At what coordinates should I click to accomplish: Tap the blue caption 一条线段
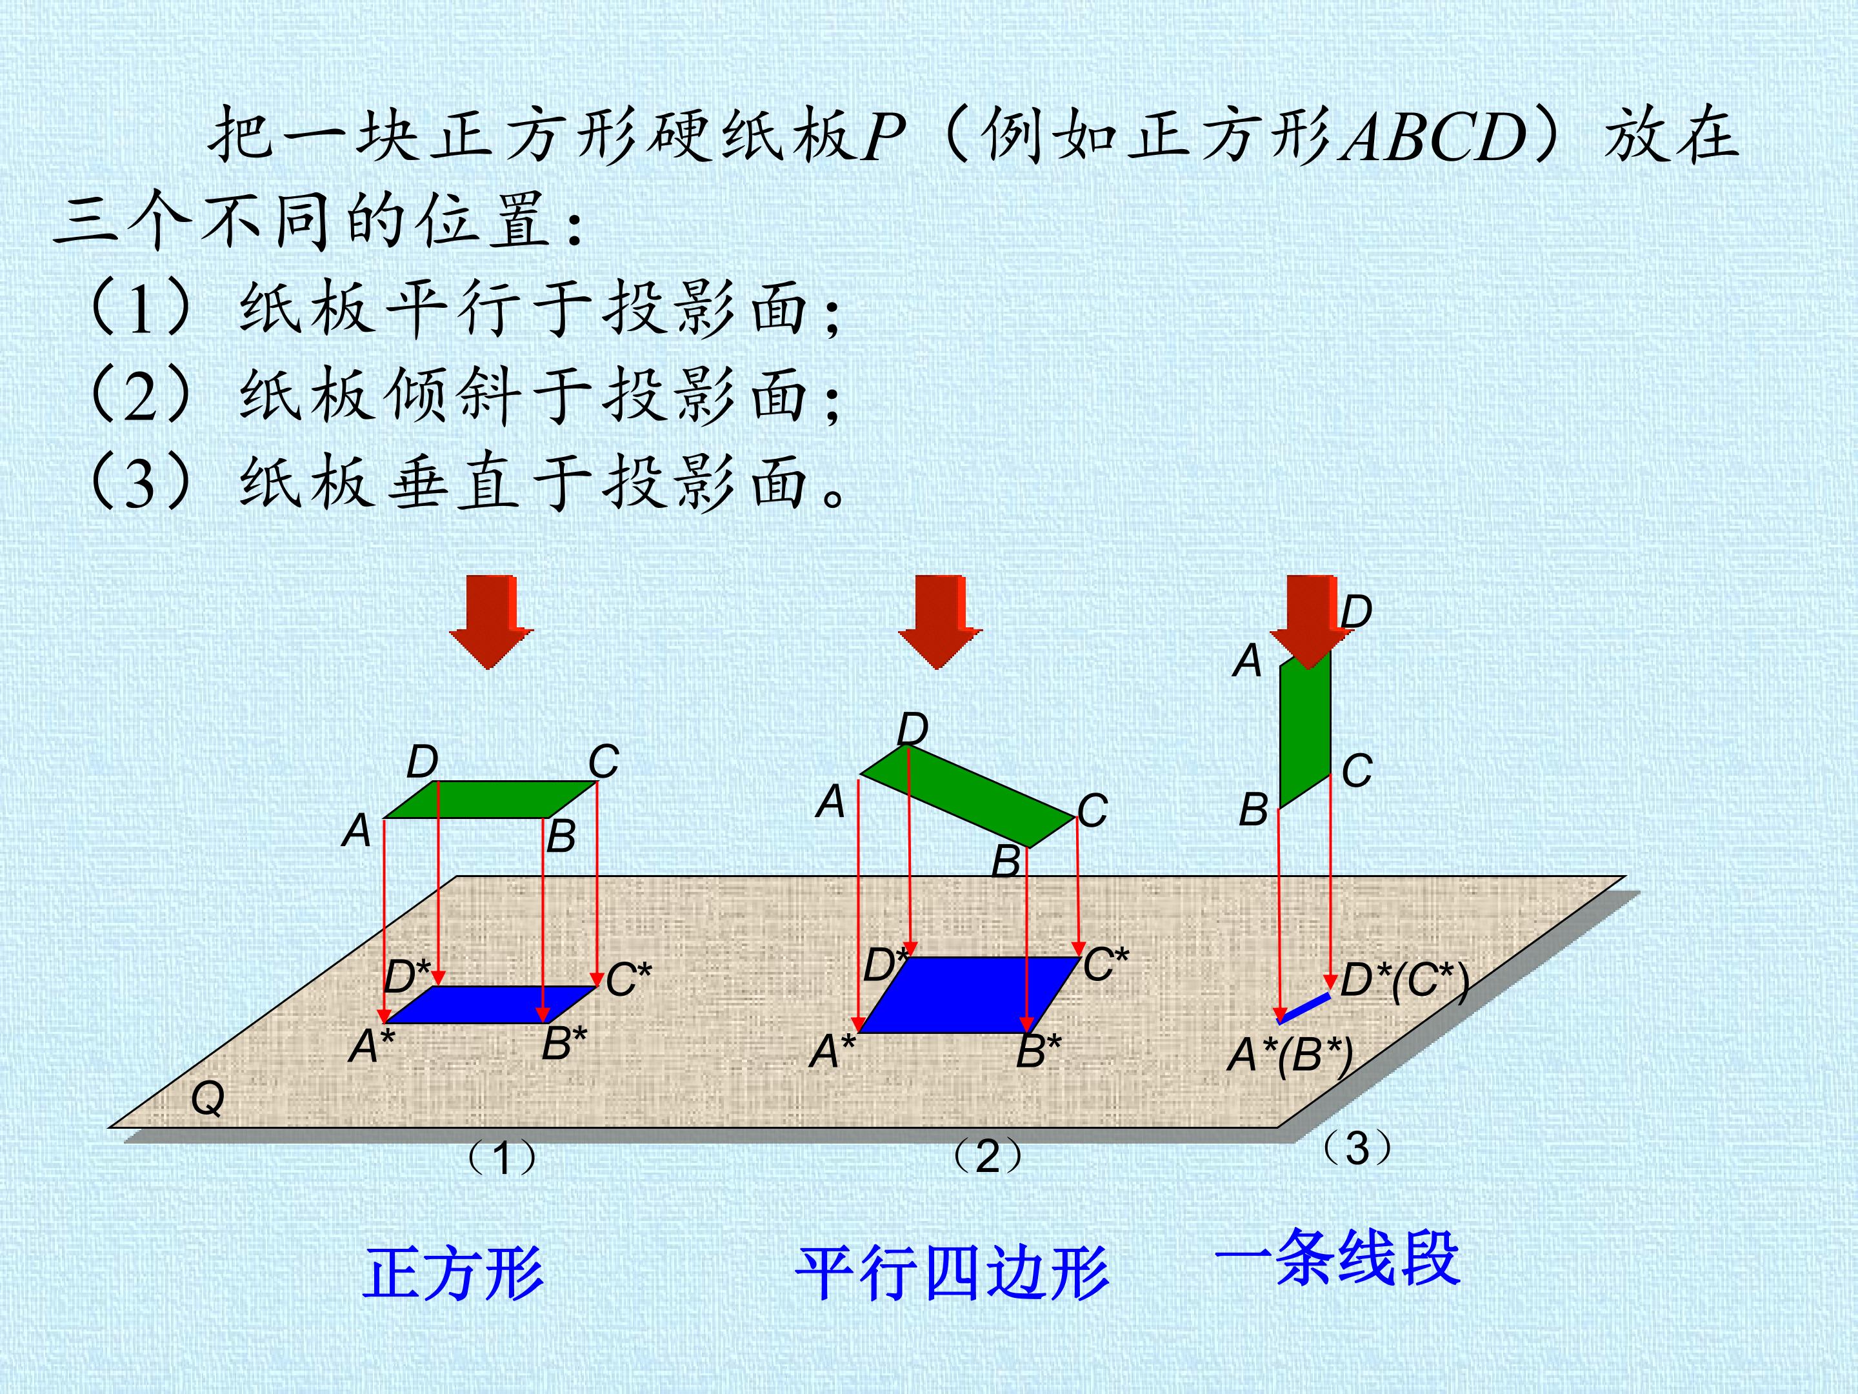[1337, 1258]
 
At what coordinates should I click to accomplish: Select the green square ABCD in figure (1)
[490, 799]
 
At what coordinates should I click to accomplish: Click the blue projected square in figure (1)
[490, 1005]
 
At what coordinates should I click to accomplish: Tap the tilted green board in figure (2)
[968, 796]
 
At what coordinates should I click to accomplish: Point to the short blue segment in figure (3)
[1304, 1008]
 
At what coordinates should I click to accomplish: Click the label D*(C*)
[1404, 980]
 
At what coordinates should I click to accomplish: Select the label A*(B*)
[1290, 1055]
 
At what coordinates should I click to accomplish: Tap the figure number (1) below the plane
[501, 1158]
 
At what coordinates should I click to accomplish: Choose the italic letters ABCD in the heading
[1433, 136]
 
